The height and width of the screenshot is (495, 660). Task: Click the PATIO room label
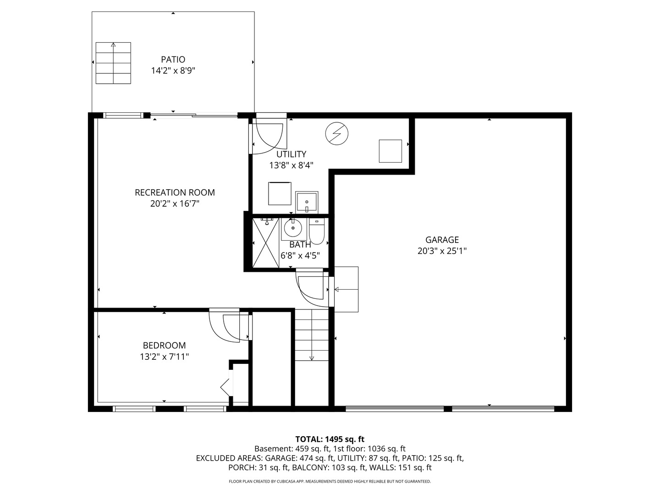pos(173,60)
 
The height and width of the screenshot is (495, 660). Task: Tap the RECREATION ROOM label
pos(175,192)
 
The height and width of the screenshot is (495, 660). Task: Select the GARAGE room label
pos(442,240)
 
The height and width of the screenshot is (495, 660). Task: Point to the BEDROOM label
pos(164,345)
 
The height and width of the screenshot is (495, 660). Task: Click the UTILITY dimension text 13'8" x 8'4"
pos(291,165)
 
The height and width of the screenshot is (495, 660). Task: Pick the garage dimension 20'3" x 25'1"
pos(442,251)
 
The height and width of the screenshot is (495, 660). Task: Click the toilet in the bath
pos(317,231)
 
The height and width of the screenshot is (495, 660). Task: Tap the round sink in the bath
pos(293,228)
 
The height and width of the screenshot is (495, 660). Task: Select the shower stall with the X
pos(265,243)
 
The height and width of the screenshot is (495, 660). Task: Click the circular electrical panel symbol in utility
pos(337,133)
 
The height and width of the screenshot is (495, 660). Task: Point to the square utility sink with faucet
pos(307,202)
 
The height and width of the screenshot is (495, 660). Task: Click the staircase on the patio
pos(113,63)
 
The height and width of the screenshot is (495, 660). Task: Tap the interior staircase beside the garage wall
pos(312,335)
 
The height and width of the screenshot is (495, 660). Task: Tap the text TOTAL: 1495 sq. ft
pos(330,439)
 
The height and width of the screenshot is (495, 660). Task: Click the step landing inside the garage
pos(346,289)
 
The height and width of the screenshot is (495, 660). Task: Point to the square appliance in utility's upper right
pos(390,151)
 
